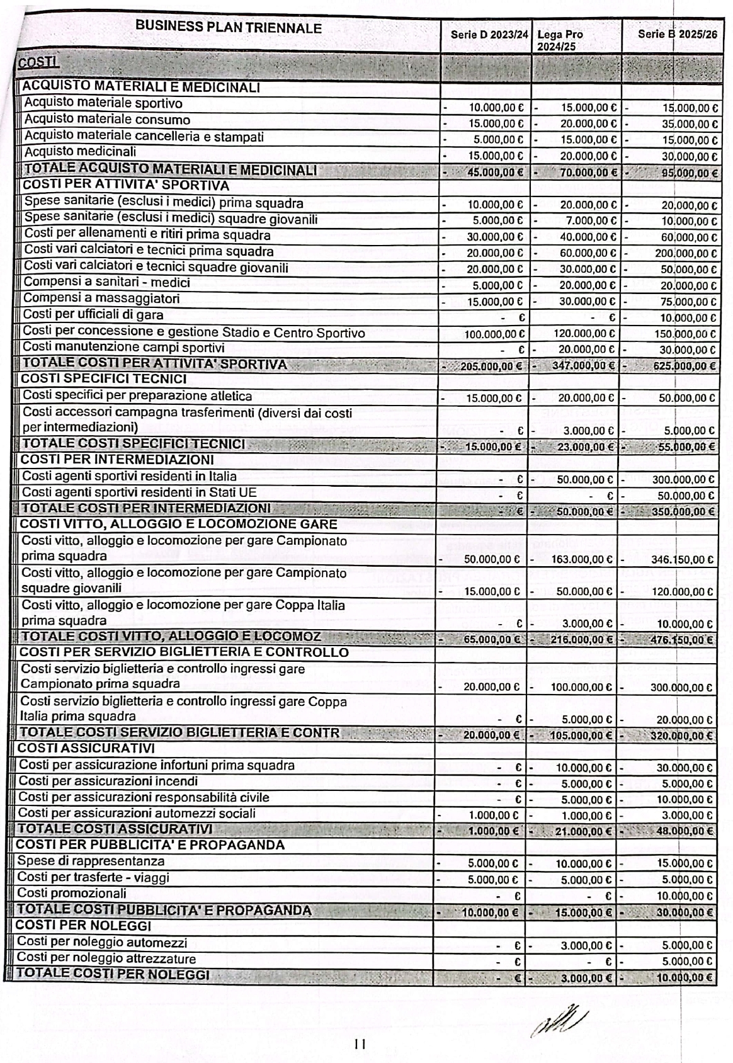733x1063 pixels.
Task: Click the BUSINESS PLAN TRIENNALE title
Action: point(228,28)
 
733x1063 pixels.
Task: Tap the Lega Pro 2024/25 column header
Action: point(560,40)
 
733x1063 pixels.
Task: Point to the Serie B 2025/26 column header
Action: point(677,34)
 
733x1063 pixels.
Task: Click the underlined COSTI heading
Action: point(39,63)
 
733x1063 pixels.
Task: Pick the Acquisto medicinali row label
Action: point(80,152)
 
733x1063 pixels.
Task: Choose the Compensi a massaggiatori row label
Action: point(101,298)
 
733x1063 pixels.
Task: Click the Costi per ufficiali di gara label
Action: point(93,314)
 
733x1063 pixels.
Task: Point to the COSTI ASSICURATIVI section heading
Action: point(86,749)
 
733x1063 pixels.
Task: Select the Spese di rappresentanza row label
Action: point(91,861)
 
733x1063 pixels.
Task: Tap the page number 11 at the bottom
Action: point(360,1044)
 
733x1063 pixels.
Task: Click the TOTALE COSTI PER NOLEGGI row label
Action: point(113,974)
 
